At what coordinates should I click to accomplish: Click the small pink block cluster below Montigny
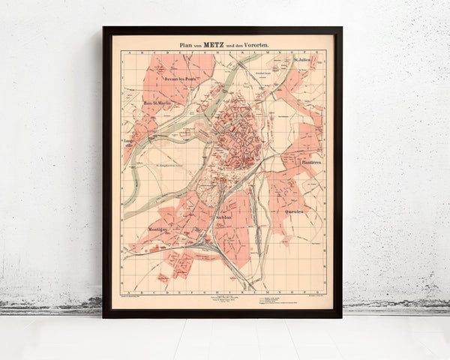(x=180, y=262)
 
